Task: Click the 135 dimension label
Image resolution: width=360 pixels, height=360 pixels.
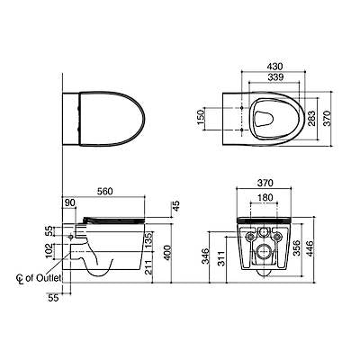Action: (x=148, y=238)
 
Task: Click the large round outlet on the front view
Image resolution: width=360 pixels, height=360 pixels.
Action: (x=265, y=247)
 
